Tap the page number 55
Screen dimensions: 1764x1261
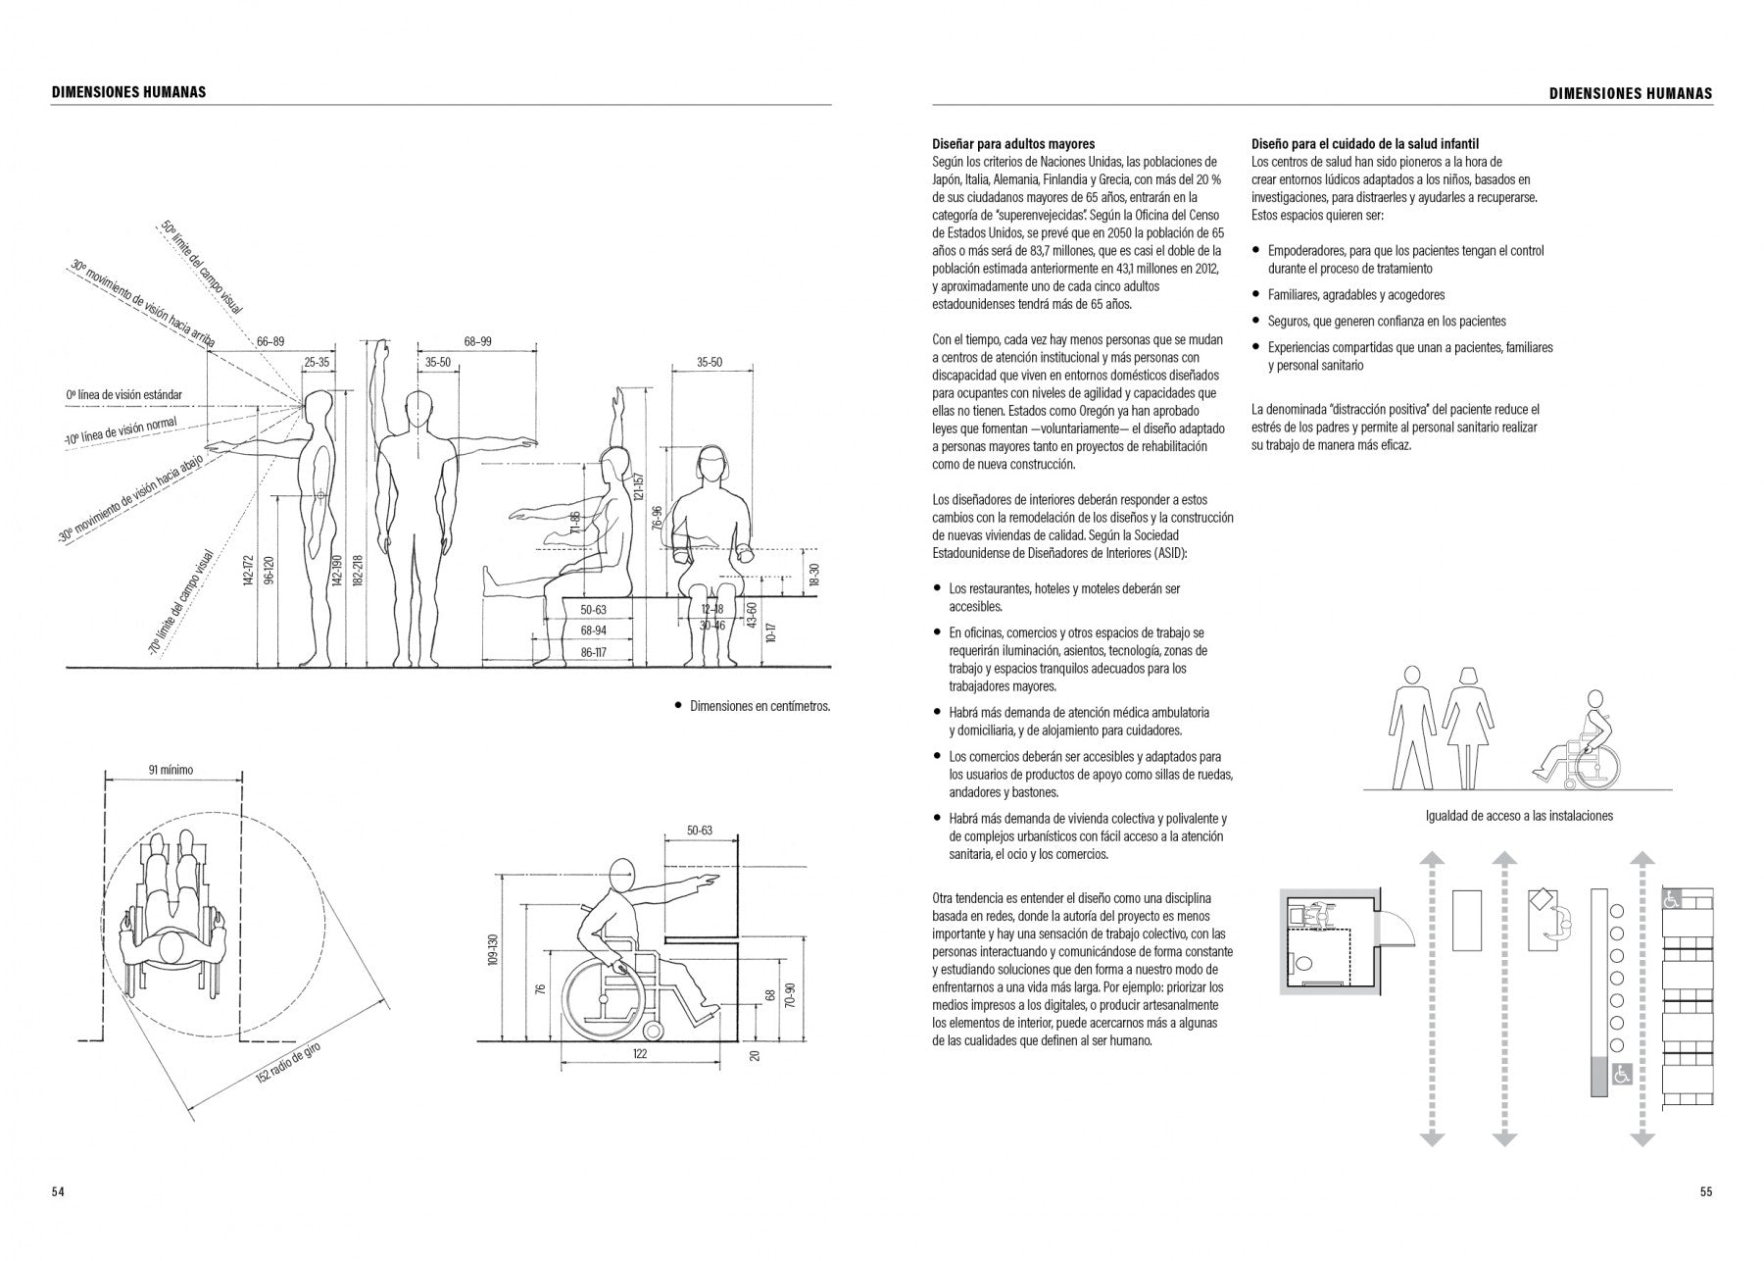[1706, 1192]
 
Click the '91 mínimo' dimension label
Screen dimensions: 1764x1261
[171, 770]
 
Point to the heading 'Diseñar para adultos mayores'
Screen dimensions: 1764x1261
[1013, 144]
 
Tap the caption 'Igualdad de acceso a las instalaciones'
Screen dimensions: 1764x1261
[1519, 816]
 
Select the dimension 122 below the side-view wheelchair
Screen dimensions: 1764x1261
[640, 1054]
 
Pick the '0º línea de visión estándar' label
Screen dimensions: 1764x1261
[124, 395]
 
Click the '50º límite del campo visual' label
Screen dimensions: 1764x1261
[203, 266]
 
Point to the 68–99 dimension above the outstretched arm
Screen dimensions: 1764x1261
[478, 341]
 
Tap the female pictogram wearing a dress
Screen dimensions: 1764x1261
[1467, 727]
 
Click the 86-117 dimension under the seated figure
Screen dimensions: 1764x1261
[594, 652]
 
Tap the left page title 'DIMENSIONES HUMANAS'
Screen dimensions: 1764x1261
[128, 92]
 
